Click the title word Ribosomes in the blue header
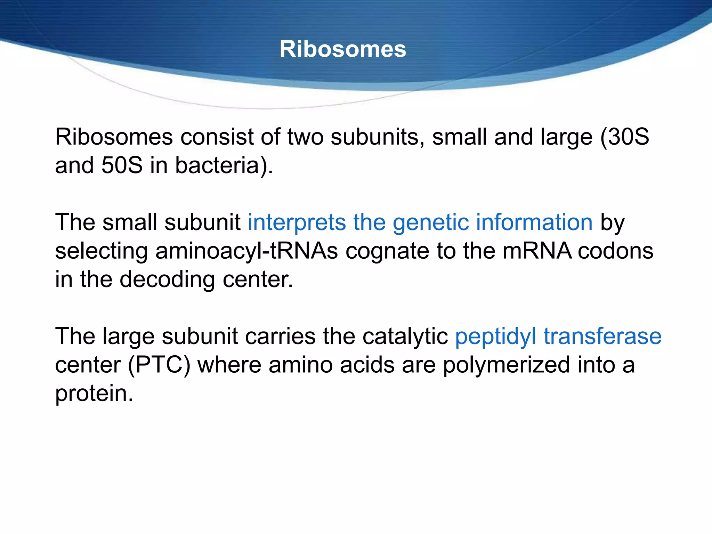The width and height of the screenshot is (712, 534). point(343,49)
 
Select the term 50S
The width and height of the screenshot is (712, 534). point(122,165)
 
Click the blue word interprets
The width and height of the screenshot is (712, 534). point(297,222)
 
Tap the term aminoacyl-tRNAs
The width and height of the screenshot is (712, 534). point(246,251)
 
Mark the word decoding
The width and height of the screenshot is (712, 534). point(167,280)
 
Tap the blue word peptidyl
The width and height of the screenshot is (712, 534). point(496,337)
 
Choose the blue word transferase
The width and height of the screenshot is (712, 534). point(602,337)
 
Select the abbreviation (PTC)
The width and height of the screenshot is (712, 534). point(160,365)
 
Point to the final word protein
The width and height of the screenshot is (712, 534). point(94,394)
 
